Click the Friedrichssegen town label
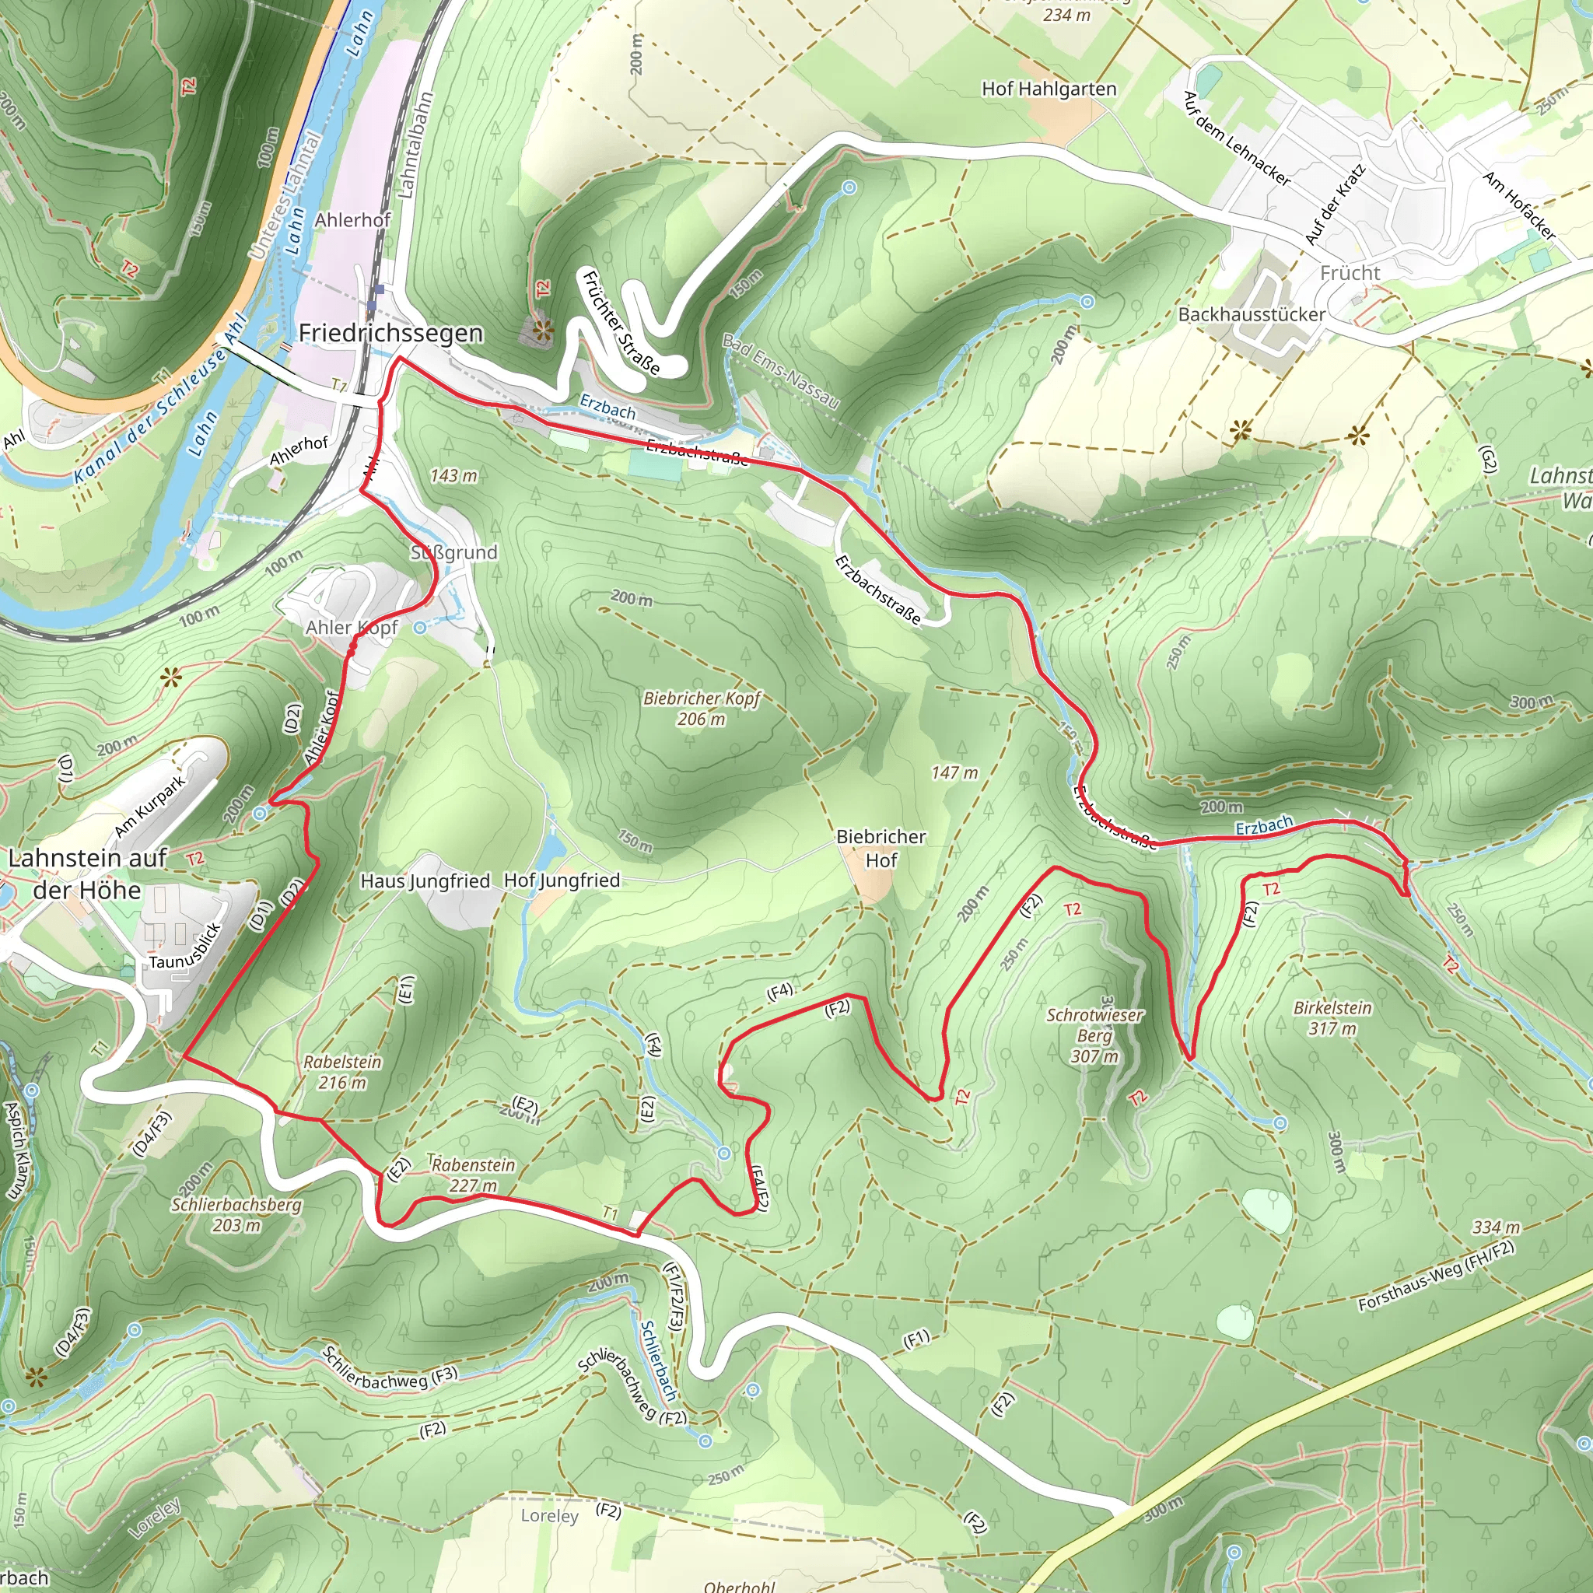[x=390, y=333]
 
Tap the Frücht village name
[x=1350, y=273]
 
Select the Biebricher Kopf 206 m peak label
[x=701, y=709]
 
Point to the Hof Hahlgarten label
[x=1049, y=89]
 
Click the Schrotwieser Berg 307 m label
[x=1095, y=1035]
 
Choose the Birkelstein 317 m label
[x=1332, y=1017]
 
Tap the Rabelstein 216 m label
[x=342, y=1072]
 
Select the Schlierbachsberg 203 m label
[x=236, y=1214]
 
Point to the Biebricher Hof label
[x=881, y=848]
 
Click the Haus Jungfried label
[x=425, y=881]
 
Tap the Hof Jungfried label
[x=562, y=880]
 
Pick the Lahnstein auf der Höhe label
[x=87, y=874]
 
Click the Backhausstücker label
[x=1252, y=314]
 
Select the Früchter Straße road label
[x=621, y=322]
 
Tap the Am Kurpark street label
[x=149, y=807]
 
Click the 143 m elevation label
[x=453, y=476]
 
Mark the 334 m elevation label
[x=1497, y=1227]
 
